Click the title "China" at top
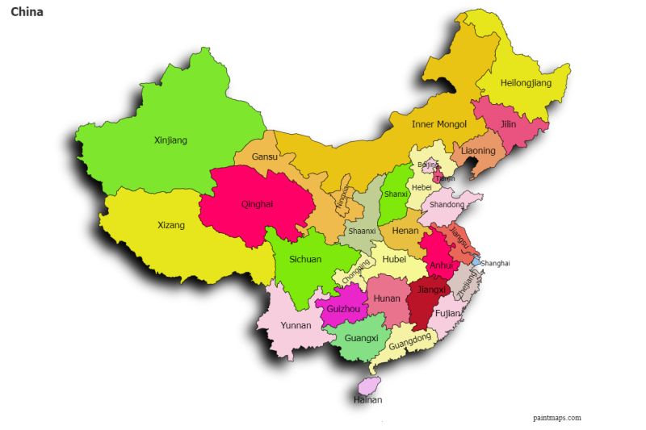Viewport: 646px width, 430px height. tap(27, 12)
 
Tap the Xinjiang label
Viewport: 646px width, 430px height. tap(170, 140)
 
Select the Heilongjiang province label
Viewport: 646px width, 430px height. tap(526, 83)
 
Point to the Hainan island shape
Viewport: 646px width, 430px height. tap(370, 386)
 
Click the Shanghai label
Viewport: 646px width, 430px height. tap(495, 263)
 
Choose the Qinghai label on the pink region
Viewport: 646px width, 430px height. tap(257, 204)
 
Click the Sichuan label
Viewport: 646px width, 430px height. tap(305, 260)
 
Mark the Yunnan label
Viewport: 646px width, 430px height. tap(296, 326)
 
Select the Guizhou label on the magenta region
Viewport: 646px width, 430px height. tap(343, 309)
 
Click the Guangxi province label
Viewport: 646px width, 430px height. tap(361, 338)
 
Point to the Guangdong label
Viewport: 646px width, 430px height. tap(409, 343)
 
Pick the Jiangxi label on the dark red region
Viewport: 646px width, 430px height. tap(431, 290)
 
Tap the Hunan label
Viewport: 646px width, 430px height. tap(388, 298)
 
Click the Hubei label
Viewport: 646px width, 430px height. tap(394, 259)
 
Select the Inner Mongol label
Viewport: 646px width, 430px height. tap(439, 124)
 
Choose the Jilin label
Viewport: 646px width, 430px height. tap(508, 124)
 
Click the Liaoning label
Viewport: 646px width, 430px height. tap(478, 151)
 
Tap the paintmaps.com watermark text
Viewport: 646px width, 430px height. tap(556, 417)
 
